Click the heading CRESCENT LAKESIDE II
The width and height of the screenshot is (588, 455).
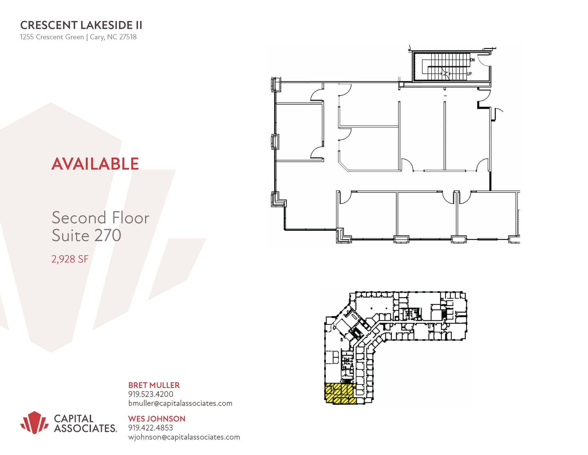(81, 25)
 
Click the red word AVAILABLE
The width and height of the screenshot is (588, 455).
(95, 164)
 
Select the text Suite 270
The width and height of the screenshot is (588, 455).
(86, 235)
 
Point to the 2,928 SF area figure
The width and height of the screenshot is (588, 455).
(70, 259)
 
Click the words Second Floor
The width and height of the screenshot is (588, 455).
(100, 218)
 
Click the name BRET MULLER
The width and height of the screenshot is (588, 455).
(154, 385)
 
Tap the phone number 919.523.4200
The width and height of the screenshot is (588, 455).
(151, 394)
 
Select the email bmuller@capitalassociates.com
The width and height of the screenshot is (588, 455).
(180, 403)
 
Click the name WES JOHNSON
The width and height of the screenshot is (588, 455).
(157, 419)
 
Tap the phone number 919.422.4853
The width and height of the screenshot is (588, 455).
(151, 428)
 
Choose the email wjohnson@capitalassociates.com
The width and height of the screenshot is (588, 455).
(184, 437)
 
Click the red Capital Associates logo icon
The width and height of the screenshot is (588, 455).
(34, 422)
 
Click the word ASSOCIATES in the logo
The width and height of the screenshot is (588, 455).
(85, 429)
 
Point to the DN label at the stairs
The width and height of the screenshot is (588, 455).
(472, 60)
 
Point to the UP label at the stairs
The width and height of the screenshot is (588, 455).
(469, 74)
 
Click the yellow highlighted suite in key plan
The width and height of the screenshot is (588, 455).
(340, 393)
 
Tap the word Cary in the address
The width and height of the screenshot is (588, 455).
(96, 37)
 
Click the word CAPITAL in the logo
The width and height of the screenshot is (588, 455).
(74, 418)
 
